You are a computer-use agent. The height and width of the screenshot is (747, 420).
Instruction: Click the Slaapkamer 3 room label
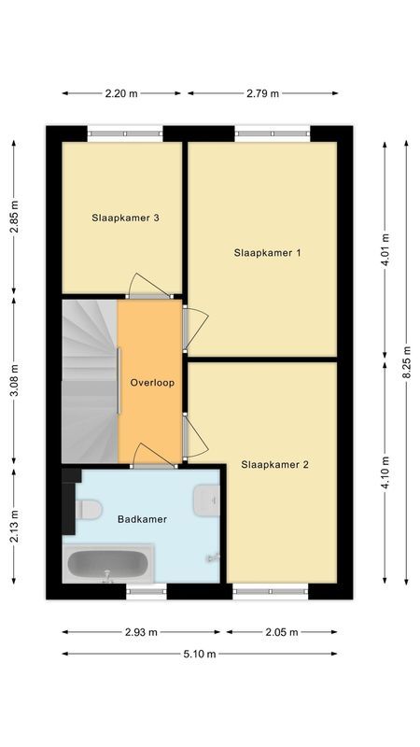click(125, 218)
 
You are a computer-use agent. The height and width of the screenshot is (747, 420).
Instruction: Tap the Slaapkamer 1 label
click(267, 253)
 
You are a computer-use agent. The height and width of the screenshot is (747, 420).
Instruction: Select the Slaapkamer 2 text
click(274, 464)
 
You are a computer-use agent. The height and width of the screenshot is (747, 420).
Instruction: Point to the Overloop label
click(152, 383)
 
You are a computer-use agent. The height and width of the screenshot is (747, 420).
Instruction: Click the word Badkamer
click(143, 519)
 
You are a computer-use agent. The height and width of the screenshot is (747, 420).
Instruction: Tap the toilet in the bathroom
click(89, 510)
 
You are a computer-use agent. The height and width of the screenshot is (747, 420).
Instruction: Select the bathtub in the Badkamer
click(108, 564)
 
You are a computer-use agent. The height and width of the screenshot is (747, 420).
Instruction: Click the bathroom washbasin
click(206, 500)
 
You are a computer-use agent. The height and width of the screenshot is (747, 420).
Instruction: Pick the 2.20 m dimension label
click(121, 93)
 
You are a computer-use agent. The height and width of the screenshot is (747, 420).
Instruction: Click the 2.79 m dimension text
click(263, 93)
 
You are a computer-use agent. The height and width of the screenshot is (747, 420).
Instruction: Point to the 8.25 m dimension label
click(406, 362)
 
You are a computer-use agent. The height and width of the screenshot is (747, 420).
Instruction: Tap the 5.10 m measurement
click(200, 655)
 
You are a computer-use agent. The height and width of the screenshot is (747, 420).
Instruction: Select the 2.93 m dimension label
click(141, 632)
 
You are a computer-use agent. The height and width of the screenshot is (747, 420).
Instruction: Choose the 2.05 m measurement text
click(282, 632)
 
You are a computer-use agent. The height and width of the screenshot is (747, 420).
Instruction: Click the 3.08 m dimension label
click(14, 380)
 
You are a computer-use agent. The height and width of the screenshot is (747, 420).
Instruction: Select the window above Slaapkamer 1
click(273, 134)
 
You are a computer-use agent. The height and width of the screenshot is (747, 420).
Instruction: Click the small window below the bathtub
click(147, 591)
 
